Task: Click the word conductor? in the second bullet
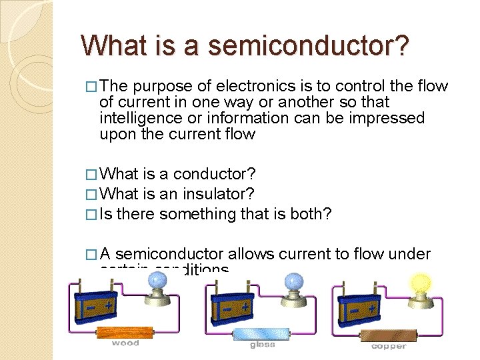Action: pos(215,174)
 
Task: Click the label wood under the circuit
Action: pos(125,343)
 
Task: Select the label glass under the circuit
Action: pos(262,345)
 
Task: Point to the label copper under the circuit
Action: pos(388,346)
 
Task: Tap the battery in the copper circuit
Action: pos(361,306)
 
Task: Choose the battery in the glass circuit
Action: pos(233,306)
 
